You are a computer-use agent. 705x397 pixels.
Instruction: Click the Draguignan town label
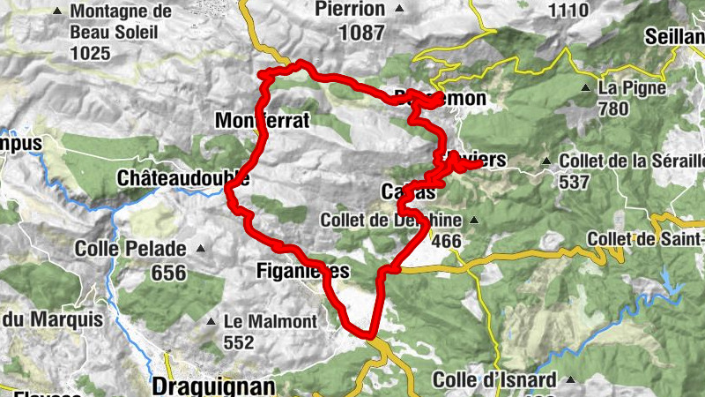(x=213, y=386)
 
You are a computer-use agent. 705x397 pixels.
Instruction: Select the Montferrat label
(x=263, y=121)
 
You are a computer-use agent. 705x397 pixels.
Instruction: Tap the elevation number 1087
(x=360, y=34)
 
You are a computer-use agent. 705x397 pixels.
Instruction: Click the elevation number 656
(x=168, y=273)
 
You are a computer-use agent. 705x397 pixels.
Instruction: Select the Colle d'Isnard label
(x=494, y=381)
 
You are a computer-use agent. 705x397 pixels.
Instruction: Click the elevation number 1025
(x=92, y=54)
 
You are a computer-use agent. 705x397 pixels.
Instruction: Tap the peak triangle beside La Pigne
(x=585, y=89)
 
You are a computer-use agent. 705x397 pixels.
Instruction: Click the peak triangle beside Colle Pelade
(x=201, y=249)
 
